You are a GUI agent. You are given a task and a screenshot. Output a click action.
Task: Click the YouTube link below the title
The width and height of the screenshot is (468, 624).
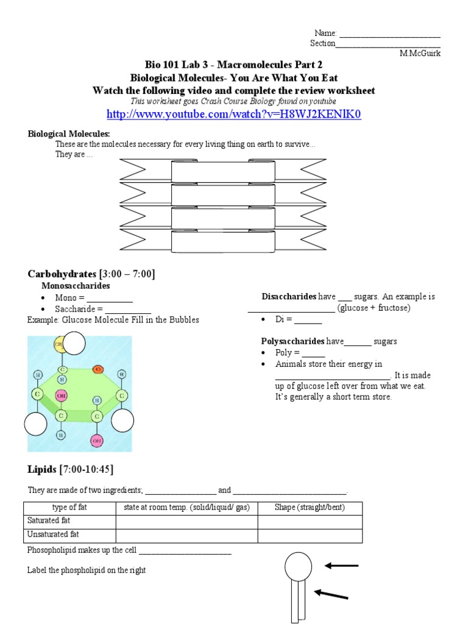click(x=233, y=114)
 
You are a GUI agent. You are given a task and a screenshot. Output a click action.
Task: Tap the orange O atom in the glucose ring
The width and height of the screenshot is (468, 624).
click(x=97, y=369)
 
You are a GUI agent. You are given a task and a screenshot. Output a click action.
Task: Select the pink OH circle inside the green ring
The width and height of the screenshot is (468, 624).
click(x=61, y=395)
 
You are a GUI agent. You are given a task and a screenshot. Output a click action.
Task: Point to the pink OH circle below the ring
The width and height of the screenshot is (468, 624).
click(x=97, y=441)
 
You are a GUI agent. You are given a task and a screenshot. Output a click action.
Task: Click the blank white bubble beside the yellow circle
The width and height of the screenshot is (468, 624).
click(x=75, y=343)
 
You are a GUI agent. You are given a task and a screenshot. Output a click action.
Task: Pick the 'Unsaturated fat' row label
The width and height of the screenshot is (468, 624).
click(x=53, y=535)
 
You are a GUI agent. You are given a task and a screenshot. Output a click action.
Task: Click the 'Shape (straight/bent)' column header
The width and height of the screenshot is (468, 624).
click(x=310, y=508)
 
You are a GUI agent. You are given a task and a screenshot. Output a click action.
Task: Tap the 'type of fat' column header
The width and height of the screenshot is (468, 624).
click(x=69, y=508)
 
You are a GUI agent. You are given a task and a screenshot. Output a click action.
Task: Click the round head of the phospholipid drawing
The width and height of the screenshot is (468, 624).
click(x=298, y=565)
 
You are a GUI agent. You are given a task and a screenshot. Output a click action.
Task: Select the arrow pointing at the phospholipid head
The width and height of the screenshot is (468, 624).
click(x=341, y=566)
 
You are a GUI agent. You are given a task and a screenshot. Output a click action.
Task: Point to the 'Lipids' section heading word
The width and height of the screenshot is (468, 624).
click(x=41, y=469)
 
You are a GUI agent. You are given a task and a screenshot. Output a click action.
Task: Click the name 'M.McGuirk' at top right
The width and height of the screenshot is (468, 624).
click(x=420, y=53)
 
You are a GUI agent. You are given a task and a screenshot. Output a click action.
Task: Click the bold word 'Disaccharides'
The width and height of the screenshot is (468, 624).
click(x=289, y=297)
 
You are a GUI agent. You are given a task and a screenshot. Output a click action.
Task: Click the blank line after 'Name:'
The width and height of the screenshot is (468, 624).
click(x=389, y=34)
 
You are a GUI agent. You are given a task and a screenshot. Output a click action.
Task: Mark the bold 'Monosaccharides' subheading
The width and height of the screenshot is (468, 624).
click(x=76, y=285)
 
